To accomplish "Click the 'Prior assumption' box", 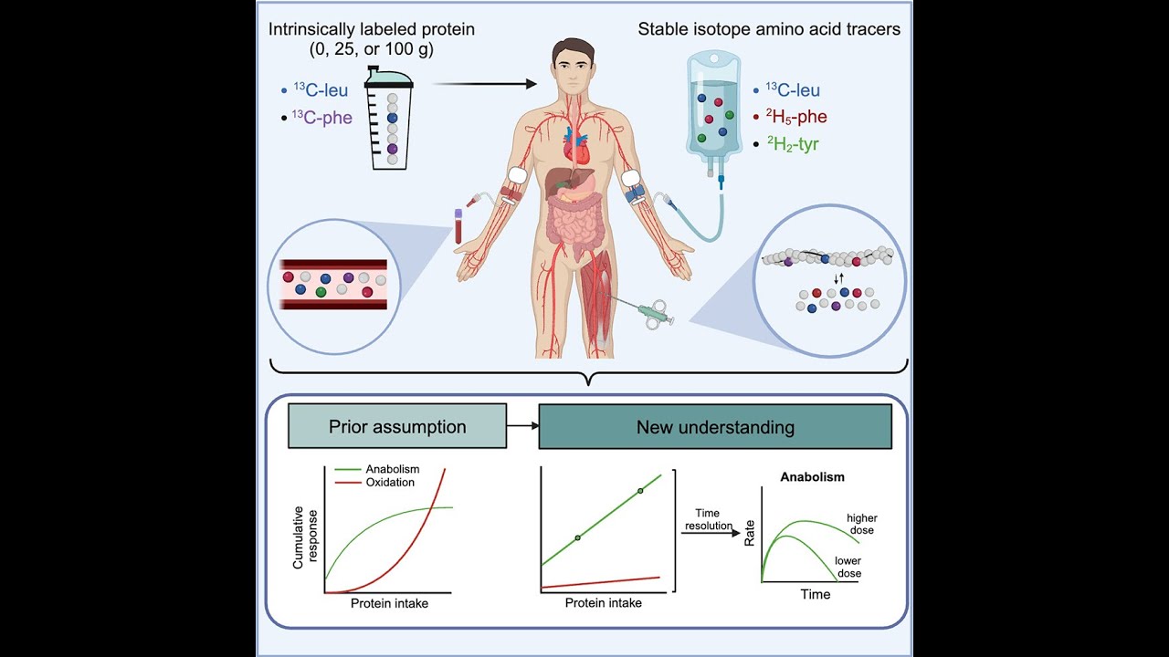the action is [x=397, y=426].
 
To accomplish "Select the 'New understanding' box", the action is [x=715, y=426].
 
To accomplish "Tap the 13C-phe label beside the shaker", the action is [x=322, y=118].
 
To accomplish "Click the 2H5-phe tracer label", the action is [x=795, y=116].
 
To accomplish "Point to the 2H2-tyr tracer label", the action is [x=793, y=143].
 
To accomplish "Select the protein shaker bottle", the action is [x=390, y=118].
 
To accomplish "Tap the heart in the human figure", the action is [x=576, y=147].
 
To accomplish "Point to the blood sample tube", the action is [x=458, y=226].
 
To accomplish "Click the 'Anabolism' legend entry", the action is [x=393, y=469].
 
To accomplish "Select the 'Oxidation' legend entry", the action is [x=390, y=483].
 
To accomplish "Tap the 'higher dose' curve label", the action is [x=861, y=524].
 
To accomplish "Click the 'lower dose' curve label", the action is [x=848, y=568].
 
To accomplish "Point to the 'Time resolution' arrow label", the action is [x=708, y=519].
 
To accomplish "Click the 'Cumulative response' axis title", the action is [x=305, y=537].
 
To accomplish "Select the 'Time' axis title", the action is [x=816, y=594].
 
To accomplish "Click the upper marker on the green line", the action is [x=640, y=491].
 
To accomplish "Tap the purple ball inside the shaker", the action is [x=393, y=149].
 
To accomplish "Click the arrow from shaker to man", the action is [x=485, y=84].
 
